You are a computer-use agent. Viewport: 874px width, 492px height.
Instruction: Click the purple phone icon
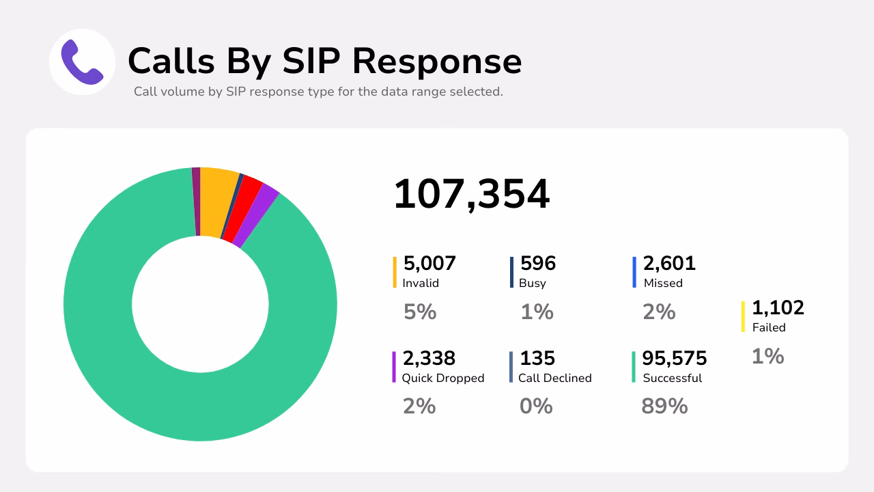pyautogui.click(x=82, y=61)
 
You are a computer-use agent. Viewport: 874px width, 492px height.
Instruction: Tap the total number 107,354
pyautogui.click(x=472, y=193)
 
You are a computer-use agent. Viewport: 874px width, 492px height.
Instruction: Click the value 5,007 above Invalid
pyautogui.click(x=429, y=263)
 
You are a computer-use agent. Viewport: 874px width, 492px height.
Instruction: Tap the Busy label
pyautogui.click(x=533, y=283)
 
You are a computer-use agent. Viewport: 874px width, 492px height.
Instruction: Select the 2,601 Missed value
pyautogui.click(x=669, y=263)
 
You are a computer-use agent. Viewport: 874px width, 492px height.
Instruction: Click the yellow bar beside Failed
pyautogui.click(x=744, y=316)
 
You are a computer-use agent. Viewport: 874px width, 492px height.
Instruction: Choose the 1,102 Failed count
pyautogui.click(x=778, y=307)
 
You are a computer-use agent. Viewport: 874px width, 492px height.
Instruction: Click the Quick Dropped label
pyautogui.click(x=443, y=378)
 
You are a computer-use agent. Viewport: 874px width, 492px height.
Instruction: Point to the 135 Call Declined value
pyautogui.click(x=537, y=358)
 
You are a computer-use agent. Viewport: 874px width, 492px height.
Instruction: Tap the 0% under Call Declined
pyautogui.click(x=536, y=407)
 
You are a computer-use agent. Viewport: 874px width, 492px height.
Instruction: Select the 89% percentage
pyautogui.click(x=664, y=407)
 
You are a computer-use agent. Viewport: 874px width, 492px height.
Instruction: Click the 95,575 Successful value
pyautogui.click(x=675, y=358)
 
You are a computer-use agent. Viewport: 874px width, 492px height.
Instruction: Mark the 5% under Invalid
pyautogui.click(x=420, y=312)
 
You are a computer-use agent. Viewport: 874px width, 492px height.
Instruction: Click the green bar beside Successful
pyautogui.click(x=634, y=367)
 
